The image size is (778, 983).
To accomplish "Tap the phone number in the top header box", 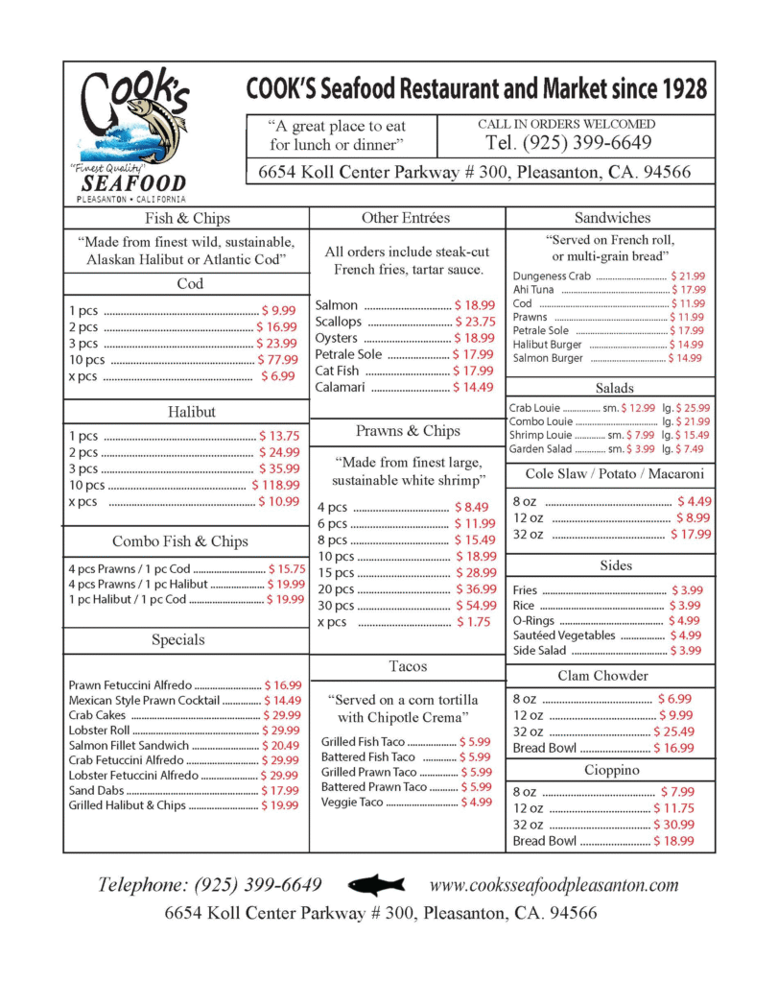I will pyautogui.click(x=569, y=143).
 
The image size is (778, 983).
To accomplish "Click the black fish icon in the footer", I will pyautogui.click(x=375, y=885).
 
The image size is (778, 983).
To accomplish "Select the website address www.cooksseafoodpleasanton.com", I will pyautogui.click(x=554, y=885).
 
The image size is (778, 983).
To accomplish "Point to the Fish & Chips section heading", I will pyautogui.click(x=186, y=218).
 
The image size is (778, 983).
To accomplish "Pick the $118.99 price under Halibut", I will pyautogui.click(x=275, y=485).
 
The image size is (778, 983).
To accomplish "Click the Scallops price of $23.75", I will pyautogui.click(x=475, y=322).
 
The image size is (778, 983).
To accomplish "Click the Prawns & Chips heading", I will pyautogui.click(x=408, y=431).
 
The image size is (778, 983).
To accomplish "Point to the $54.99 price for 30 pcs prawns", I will pyautogui.click(x=476, y=606).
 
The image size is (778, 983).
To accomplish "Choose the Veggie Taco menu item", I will pyautogui.click(x=352, y=803).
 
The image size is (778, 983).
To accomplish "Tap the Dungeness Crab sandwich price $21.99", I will pyautogui.click(x=688, y=276).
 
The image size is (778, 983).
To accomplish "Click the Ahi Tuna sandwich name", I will pyautogui.click(x=532, y=289).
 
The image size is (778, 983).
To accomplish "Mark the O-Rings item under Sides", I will pyautogui.click(x=534, y=620).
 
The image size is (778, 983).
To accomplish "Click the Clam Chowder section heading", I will pyautogui.click(x=602, y=676).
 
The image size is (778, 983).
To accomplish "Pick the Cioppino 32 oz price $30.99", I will pyautogui.click(x=673, y=825).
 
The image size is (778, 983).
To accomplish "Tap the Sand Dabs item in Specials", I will pyautogui.click(x=96, y=790).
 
